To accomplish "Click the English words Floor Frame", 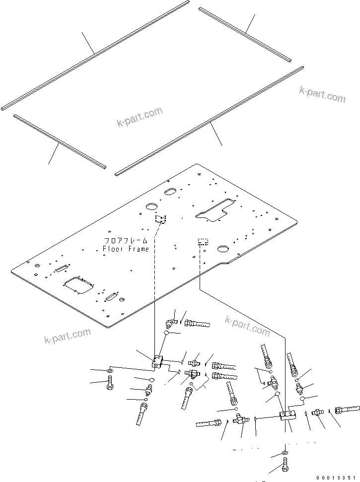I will click(125, 249).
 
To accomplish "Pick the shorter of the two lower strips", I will click(60, 141).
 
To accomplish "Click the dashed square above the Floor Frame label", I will click(160, 219).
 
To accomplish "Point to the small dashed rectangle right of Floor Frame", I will click(203, 241).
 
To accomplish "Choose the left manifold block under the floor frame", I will click(158, 362).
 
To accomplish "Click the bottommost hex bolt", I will click(286, 466).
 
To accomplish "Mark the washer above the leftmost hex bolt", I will click(109, 371).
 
